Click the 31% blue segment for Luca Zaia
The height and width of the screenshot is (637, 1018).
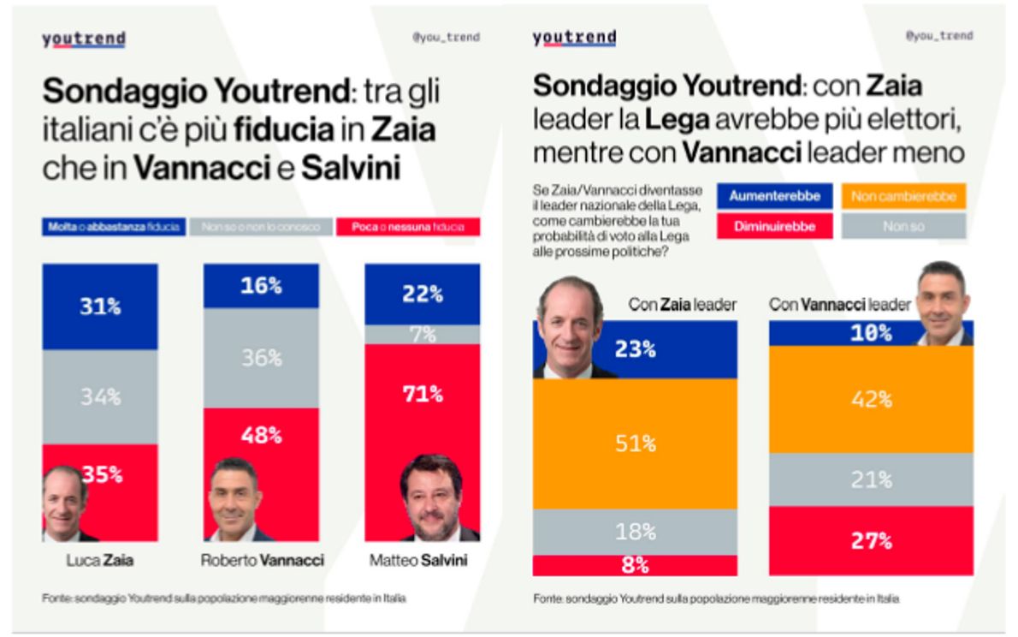[100, 307]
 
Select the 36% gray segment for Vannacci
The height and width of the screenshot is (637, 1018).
[261, 358]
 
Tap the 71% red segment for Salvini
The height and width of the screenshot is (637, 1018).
[423, 395]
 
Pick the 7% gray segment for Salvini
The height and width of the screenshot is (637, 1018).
[423, 334]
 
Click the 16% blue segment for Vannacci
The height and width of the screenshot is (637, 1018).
[261, 286]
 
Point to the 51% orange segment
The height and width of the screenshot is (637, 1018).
[635, 444]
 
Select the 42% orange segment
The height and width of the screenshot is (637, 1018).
[871, 399]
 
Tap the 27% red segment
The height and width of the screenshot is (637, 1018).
[871, 540]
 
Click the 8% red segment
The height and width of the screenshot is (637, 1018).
[635, 565]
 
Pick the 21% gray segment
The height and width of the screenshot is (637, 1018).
[871, 479]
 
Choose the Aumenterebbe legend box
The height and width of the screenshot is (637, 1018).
[775, 196]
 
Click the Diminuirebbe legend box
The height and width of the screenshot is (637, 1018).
[775, 226]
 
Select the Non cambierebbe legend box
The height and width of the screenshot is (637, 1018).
[903, 196]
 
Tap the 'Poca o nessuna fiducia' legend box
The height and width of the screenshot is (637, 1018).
[408, 227]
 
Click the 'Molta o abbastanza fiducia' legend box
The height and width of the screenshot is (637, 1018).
[113, 227]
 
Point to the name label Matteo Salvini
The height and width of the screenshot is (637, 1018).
[423, 561]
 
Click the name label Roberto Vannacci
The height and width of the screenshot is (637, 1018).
[262, 561]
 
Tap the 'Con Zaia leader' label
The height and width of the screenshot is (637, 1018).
[682, 304]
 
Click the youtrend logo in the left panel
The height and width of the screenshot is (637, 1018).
[84, 39]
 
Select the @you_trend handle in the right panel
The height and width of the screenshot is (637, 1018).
[938, 36]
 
